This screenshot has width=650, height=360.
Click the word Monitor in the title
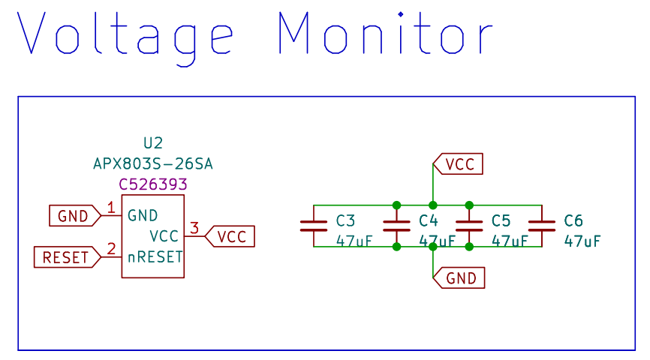click(386, 34)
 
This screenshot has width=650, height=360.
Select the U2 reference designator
click(153, 142)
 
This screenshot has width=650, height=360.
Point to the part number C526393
click(153, 184)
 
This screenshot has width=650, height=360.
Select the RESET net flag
click(67, 257)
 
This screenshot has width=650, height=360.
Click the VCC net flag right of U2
click(230, 236)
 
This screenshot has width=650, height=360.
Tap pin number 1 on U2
click(111, 208)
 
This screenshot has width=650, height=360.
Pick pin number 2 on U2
click(111, 249)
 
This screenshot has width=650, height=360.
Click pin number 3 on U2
click(194, 228)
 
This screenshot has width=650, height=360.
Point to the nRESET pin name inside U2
click(155, 257)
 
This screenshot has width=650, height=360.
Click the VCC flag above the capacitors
click(459, 163)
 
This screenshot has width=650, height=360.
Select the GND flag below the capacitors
click(459, 278)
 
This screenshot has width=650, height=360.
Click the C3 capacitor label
click(346, 220)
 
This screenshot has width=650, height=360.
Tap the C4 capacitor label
click(429, 220)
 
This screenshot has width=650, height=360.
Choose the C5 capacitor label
click(501, 220)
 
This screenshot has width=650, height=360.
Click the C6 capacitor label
click(573, 220)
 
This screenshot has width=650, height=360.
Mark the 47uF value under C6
click(582, 241)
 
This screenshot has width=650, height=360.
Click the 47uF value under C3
click(355, 241)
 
